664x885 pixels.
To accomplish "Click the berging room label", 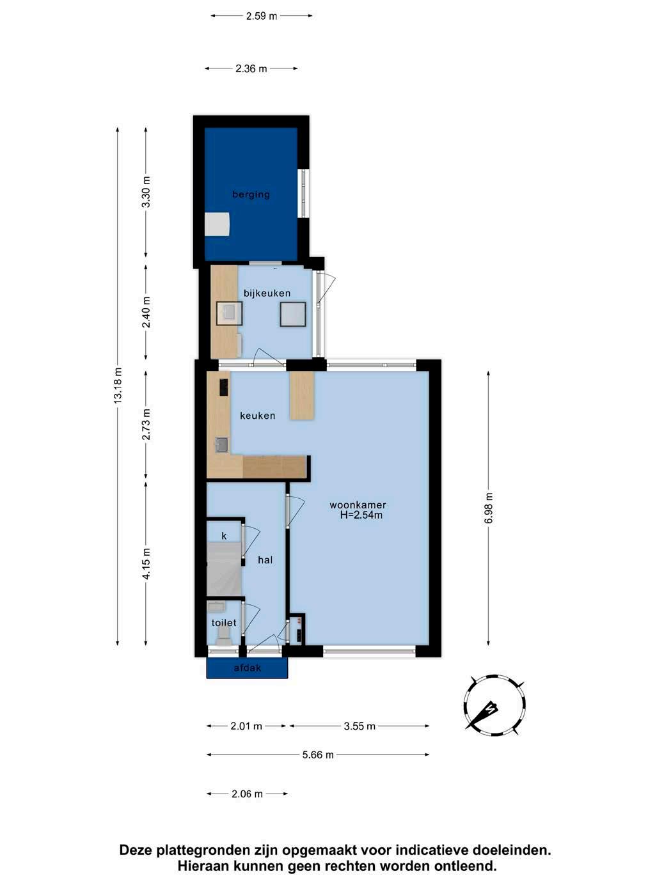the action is click(x=251, y=195).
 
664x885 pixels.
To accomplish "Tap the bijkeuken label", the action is click(x=267, y=293).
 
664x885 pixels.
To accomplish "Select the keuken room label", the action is click(x=258, y=416).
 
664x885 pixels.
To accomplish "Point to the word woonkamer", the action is click(x=358, y=505).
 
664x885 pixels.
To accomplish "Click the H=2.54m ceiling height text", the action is click(x=361, y=515).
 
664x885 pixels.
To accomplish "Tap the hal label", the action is click(x=265, y=560).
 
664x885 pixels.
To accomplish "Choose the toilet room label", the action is click(x=224, y=623).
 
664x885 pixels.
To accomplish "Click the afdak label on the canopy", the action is click(x=248, y=668).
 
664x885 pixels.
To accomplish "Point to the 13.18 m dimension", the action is click(x=117, y=386).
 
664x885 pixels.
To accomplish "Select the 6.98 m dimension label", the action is click(x=488, y=508).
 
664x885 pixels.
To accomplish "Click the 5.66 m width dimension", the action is click(x=318, y=755).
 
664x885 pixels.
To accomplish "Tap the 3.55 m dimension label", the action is click(x=360, y=726).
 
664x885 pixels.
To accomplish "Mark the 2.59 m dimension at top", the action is click(x=262, y=16).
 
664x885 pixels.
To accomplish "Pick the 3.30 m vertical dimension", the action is click(x=146, y=192).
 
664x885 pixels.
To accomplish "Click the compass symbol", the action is click(x=494, y=705).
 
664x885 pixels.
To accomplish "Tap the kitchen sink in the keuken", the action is click(x=222, y=445).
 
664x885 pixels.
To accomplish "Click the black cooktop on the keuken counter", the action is click(x=223, y=387).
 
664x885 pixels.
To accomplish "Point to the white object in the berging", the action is click(x=217, y=224).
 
